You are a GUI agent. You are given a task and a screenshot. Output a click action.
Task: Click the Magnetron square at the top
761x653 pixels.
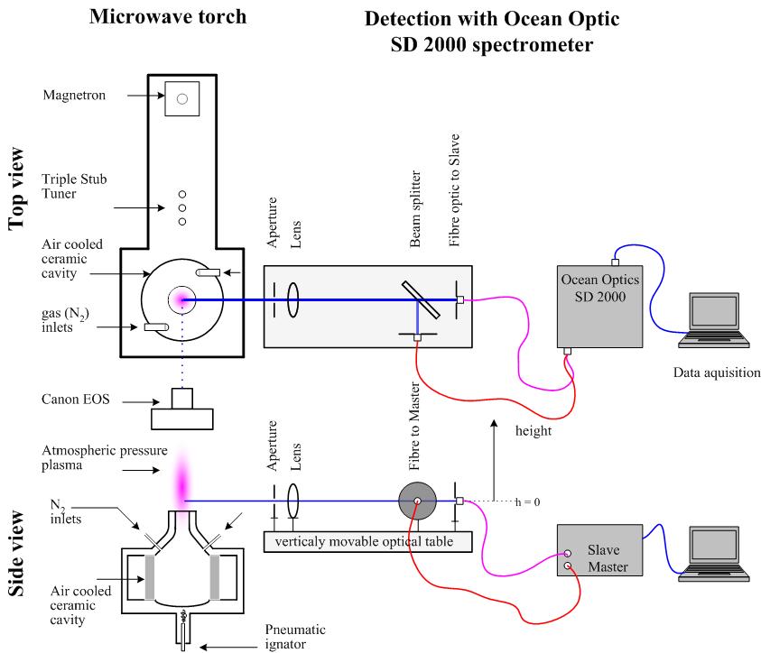181,98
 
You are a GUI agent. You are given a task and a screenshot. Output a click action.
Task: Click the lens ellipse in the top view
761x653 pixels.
292,299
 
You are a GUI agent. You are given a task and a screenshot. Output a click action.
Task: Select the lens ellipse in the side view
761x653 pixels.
292,501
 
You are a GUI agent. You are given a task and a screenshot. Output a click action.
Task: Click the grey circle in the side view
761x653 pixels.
417,501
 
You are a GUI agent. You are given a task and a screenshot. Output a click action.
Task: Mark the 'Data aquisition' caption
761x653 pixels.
710,371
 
